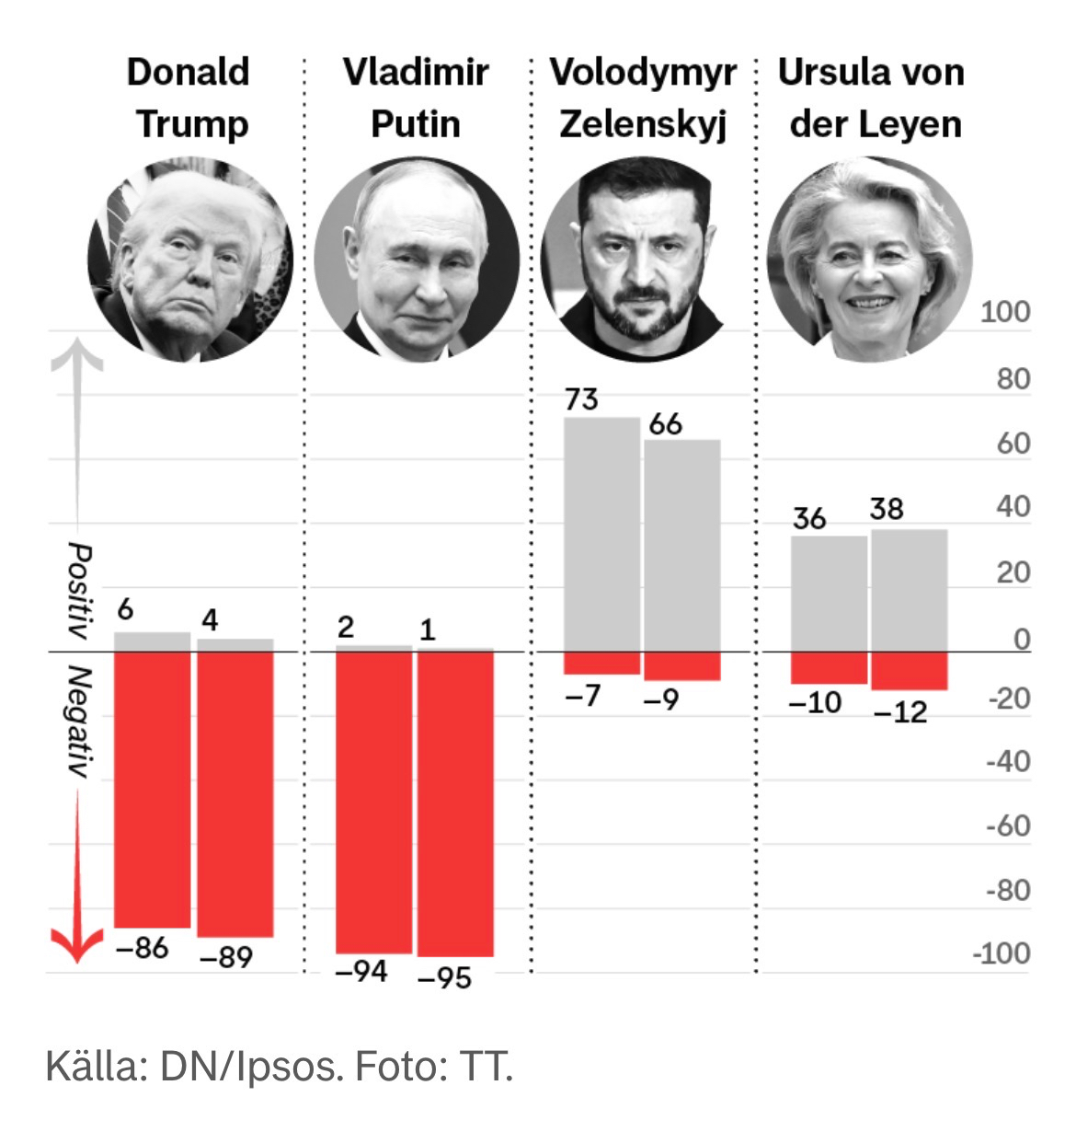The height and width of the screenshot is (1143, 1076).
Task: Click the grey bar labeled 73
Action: (601, 534)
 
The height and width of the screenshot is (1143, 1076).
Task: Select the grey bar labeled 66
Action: (681, 545)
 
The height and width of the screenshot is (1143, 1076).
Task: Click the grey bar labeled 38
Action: (909, 590)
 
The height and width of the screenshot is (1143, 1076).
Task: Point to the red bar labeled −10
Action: (828, 667)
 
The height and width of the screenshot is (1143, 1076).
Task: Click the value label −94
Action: (361, 970)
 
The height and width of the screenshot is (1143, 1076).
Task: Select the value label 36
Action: (809, 519)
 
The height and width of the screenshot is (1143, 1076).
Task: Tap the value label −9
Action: (660, 699)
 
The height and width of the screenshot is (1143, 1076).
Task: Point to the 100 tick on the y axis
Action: (1004, 312)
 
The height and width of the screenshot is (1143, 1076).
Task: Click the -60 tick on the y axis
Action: (1007, 825)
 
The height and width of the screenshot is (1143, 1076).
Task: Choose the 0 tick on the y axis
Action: (1021, 639)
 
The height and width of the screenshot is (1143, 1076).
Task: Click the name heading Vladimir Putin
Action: (416, 98)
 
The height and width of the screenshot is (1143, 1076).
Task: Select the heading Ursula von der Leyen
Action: (872, 98)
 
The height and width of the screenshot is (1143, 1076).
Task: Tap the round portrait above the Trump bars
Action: (190, 260)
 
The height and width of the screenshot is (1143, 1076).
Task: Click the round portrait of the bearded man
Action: (643, 260)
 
